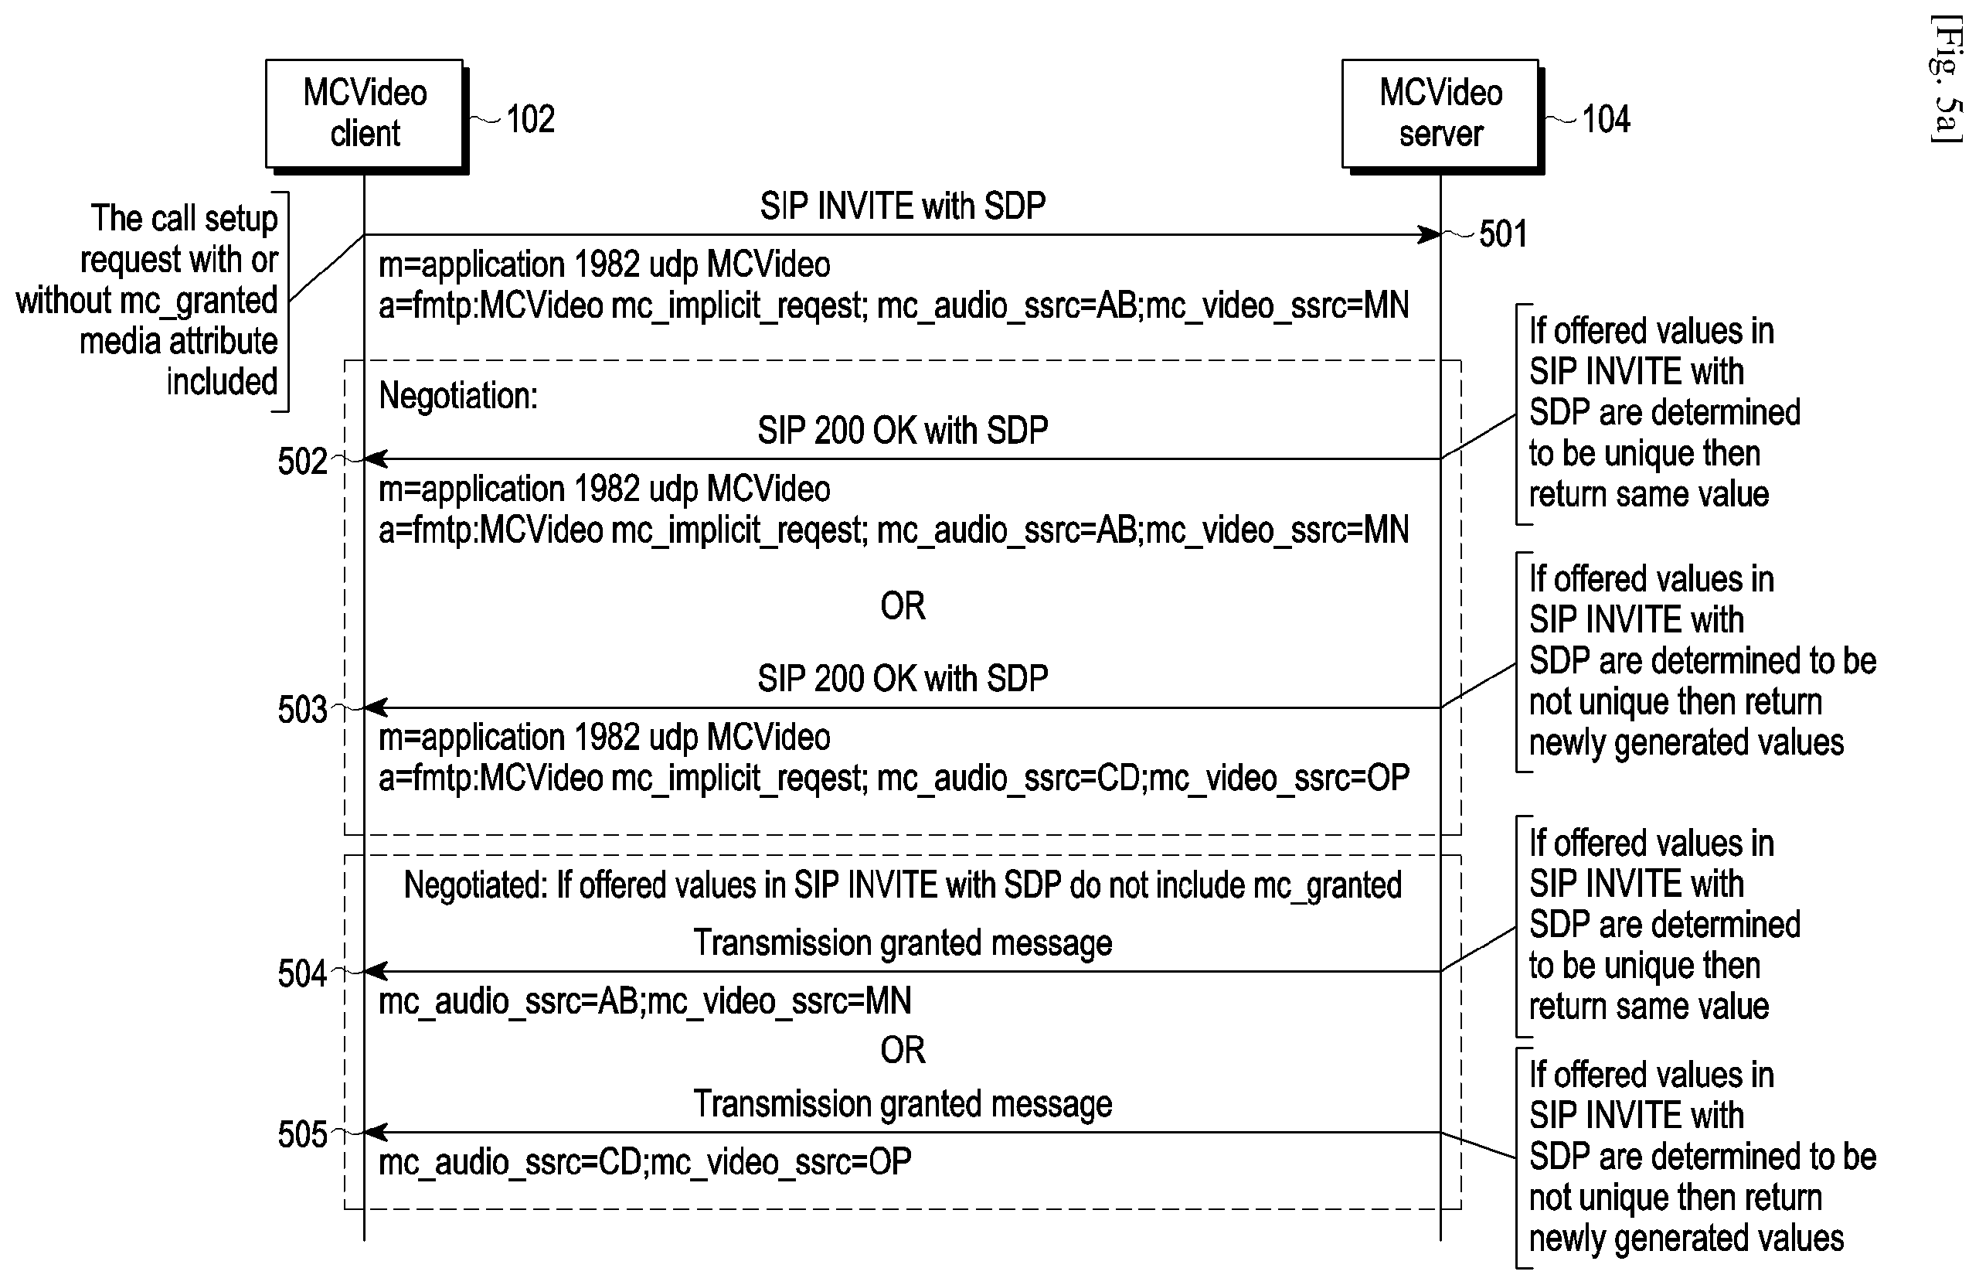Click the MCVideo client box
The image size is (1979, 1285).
pyautogui.click(x=365, y=114)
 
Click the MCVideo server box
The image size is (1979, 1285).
pyautogui.click(x=1441, y=114)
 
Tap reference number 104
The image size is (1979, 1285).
pyautogui.click(x=1606, y=119)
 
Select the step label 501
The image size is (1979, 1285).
pyautogui.click(x=1503, y=233)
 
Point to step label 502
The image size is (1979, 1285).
pyautogui.click(x=303, y=461)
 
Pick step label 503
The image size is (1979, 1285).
pyautogui.click(x=303, y=710)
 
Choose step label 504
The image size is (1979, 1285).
pyautogui.click(x=303, y=973)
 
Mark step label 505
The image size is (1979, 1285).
pyautogui.click(x=303, y=1134)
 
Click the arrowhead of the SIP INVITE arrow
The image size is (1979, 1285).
pyautogui.click(x=1430, y=234)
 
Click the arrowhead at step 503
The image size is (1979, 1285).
pyautogui.click(x=376, y=707)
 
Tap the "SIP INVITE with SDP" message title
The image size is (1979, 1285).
pyautogui.click(x=903, y=206)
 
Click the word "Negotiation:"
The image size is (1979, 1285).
pyautogui.click(x=458, y=395)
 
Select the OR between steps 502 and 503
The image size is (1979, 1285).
pyautogui.click(x=903, y=605)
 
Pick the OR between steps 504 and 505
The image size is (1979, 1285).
pyautogui.click(x=903, y=1050)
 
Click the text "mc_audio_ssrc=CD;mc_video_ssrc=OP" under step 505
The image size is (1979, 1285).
pyautogui.click(x=645, y=1162)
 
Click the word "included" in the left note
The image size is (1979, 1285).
pyautogui.click(x=222, y=381)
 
